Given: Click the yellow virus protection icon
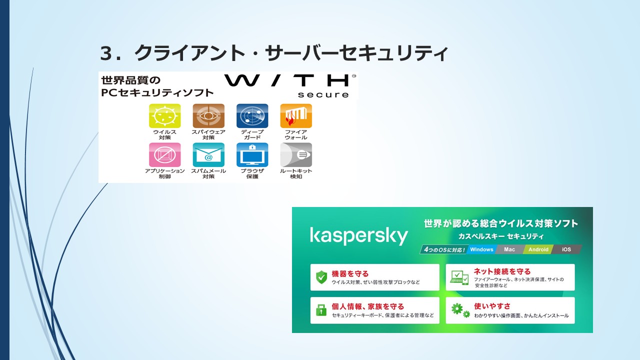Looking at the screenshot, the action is coord(165,115).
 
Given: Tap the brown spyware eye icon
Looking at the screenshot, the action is coord(208,115).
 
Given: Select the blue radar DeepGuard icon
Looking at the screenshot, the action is coord(252,115).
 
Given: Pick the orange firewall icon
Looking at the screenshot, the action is coord(296,115).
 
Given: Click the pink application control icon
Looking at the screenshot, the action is coord(165,155).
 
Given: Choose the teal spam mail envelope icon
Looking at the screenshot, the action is coord(208,155).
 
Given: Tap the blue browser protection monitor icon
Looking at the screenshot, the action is coord(252,155).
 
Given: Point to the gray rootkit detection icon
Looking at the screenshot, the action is coord(296,155).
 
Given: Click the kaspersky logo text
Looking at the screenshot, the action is coord(359,235).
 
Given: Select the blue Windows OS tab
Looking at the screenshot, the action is coord(481,249).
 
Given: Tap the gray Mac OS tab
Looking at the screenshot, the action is coord(509,249).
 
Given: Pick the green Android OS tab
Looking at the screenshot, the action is coord(538,249).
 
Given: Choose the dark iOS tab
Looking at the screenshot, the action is coord(566,249).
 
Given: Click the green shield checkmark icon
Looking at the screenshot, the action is coord(321,277).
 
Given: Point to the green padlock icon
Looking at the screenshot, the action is coord(321,310).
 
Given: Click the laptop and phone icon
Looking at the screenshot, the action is coord(459,277).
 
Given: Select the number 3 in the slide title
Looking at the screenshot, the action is coord(106,53).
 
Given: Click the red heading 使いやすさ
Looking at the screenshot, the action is coord(492,306).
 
